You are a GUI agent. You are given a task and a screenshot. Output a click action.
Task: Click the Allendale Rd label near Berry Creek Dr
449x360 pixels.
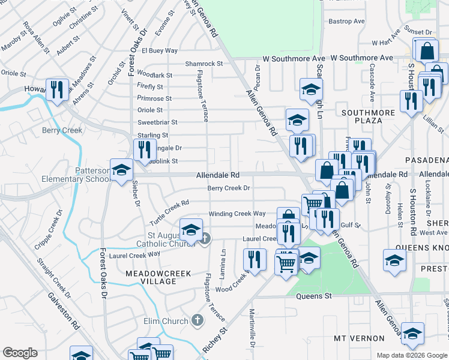click(x=218, y=175)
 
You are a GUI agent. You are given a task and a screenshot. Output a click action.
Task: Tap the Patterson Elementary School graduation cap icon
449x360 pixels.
click(x=121, y=170)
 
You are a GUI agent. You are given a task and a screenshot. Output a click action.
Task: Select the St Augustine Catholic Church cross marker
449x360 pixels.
click(x=204, y=239)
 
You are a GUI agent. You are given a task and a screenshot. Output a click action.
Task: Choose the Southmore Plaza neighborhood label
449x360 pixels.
click(x=369, y=116)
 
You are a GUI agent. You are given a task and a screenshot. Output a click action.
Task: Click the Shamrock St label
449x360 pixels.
click(x=204, y=63)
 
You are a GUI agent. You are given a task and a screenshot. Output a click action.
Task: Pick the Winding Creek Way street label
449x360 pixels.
click(x=237, y=214)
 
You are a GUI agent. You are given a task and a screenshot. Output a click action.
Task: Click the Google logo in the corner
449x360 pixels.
click(x=20, y=353)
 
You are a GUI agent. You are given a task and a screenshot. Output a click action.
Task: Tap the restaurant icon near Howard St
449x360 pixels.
click(x=56, y=91)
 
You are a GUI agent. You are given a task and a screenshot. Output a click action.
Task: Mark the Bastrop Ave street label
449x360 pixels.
click(x=346, y=22)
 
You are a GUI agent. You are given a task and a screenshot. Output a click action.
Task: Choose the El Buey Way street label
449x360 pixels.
click(x=160, y=50)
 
